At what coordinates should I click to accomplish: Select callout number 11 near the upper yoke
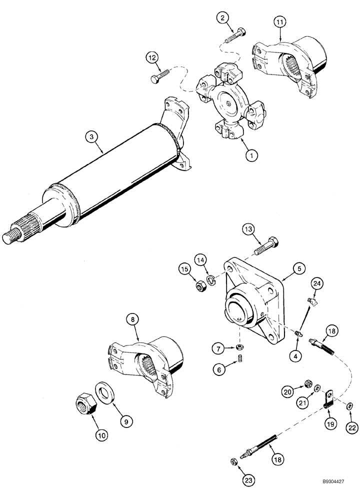(279, 21)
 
